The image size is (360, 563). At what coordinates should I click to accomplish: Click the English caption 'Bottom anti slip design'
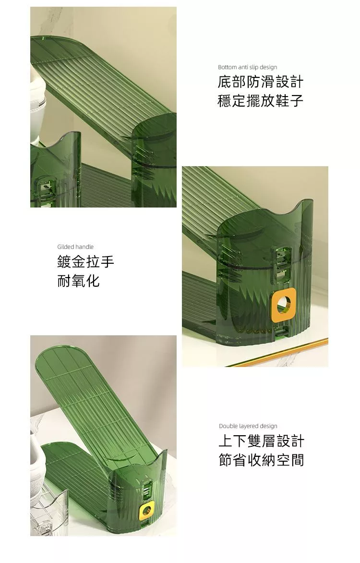point(247,67)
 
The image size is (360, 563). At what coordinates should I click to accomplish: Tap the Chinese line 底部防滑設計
point(261,82)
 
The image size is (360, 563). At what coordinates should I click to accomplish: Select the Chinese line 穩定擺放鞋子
point(261,100)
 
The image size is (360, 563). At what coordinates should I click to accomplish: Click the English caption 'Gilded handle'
point(75,246)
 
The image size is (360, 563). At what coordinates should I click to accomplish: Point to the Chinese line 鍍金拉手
point(86,261)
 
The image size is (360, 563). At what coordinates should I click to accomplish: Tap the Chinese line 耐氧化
point(78,281)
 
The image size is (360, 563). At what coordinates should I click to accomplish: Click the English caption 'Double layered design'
point(248,426)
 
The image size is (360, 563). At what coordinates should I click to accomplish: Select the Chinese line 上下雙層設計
point(261,441)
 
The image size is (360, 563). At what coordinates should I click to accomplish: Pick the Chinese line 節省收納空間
point(261,460)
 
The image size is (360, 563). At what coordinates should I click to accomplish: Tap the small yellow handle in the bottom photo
point(146,510)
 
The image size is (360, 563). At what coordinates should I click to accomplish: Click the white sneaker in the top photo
point(38,104)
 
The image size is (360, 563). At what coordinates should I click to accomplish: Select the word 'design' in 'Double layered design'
point(269,426)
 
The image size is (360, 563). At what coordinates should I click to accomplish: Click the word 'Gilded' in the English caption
point(65,246)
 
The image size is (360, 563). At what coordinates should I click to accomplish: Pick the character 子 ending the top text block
point(297,100)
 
